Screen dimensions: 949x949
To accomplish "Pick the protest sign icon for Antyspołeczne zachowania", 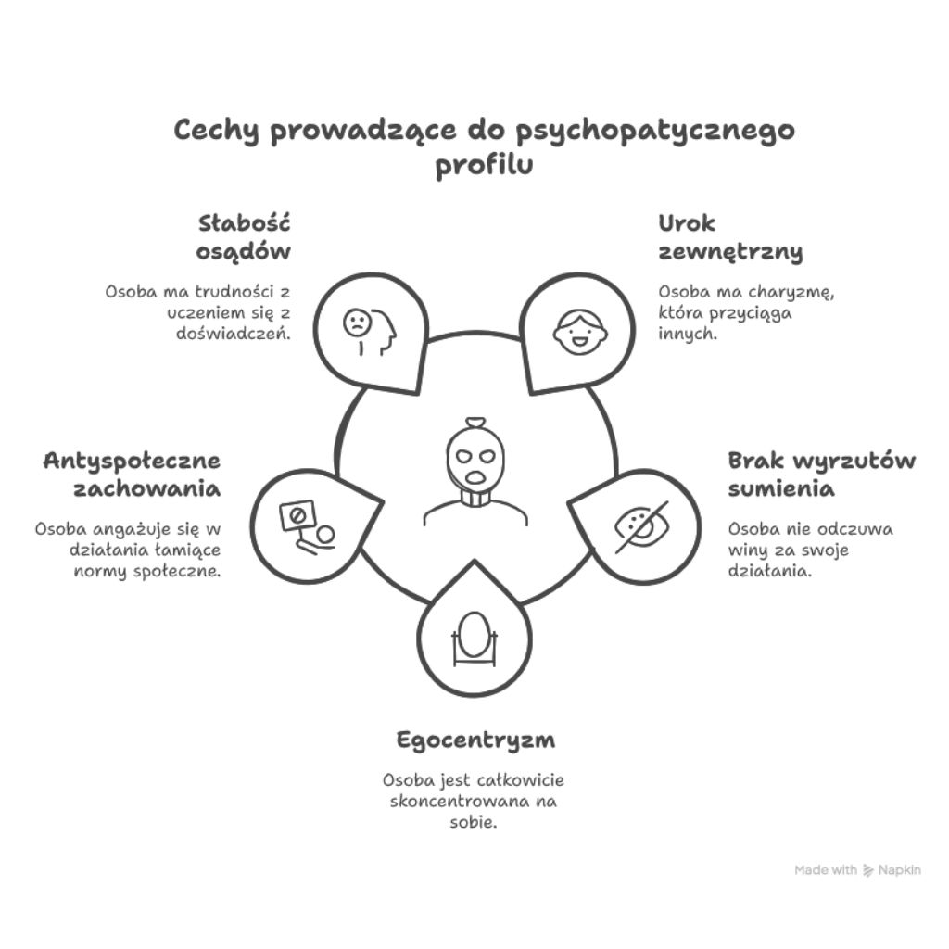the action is tap(308, 525).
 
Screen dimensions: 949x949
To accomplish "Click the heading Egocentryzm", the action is tap(475, 741).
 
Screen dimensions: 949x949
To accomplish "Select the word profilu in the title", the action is tap(485, 168).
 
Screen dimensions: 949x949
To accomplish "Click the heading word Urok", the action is tap(687, 223).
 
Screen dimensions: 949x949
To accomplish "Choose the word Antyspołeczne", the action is tap(132, 461).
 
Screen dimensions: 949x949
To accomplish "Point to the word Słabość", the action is tap(245, 223).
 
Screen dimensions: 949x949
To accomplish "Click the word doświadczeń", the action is tap(234, 334).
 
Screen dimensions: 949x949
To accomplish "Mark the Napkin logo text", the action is tap(900, 870).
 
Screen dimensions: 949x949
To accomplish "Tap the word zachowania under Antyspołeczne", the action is tap(147, 488).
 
